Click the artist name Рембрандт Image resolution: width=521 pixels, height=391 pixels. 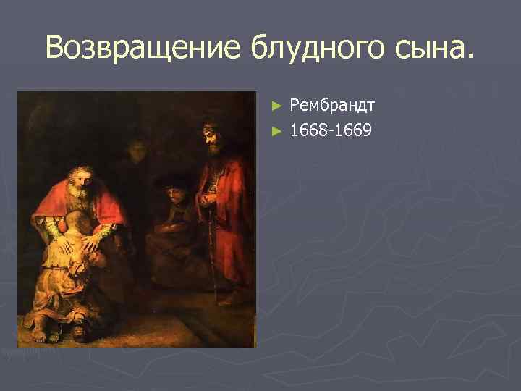(332, 106)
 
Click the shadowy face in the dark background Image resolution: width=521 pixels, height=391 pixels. (135, 151)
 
